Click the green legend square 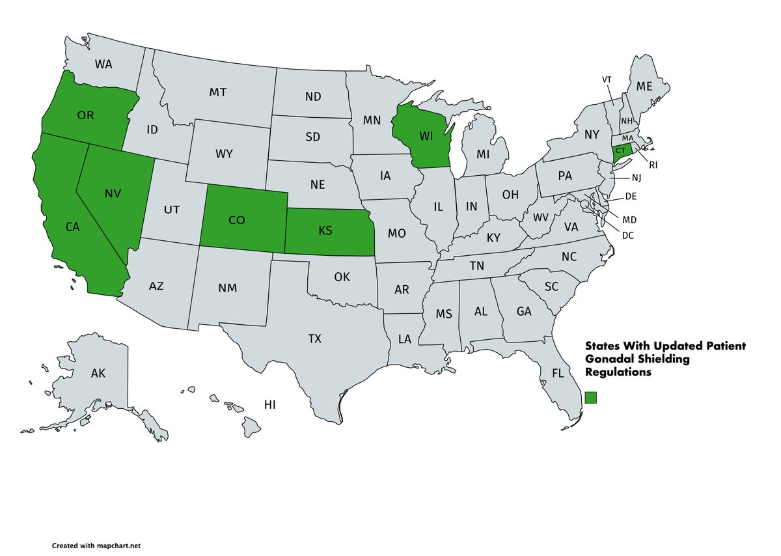click(x=591, y=397)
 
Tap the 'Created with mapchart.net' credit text click(x=96, y=546)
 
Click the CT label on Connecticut click(x=620, y=150)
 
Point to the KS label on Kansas click(x=327, y=231)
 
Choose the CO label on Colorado click(x=237, y=220)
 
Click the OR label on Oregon click(x=86, y=115)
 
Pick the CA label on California click(x=73, y=227)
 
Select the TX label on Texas click(x=315, y=339)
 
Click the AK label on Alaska click(x=98, y=373)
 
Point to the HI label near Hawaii click(x=270, y=405)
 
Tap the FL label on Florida click(x=558, y=374)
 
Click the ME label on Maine click(x=644, y=86)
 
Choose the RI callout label click(x=653, y=165)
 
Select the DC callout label click(x=627, y=235)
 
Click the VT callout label click(x=607, y=79)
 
